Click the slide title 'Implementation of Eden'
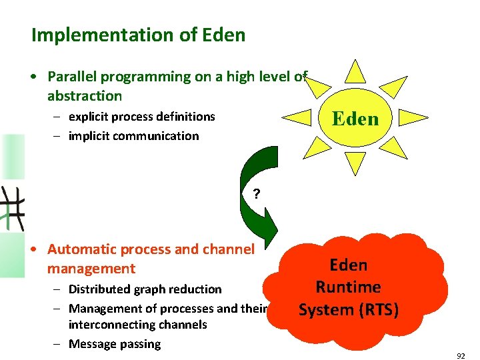(138, 35)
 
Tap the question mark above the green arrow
(255, 195)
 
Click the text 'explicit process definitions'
(141, 117)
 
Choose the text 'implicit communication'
(133, 136)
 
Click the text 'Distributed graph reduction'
(145, 289)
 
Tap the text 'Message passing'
(114, 344)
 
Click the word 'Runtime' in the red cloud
(348, 287)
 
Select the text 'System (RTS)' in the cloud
(348, 310)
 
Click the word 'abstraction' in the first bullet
(85, 95)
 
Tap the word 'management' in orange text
(91, 269)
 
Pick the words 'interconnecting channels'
(137, 325)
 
